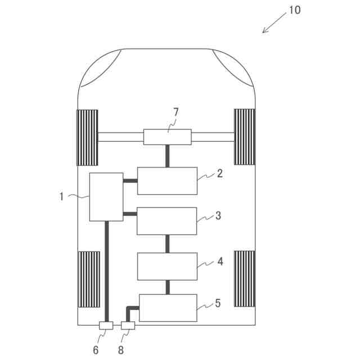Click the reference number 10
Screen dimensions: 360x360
coord(294,11)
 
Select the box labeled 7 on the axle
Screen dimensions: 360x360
coord(167,137)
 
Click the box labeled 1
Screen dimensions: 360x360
coord(106,197)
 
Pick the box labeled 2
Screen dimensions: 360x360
coord(167,181)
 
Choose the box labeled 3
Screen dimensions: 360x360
coord(167,221)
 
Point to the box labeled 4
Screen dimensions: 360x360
coord(167,266)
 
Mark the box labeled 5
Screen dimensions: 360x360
coord(168,308)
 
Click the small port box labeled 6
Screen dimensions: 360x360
coord(106,326)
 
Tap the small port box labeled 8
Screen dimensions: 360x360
coord(128,326)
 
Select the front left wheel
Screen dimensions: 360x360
coord(87,137)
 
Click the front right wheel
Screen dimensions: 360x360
coord(245,137)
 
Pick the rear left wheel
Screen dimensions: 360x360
coord(88,280)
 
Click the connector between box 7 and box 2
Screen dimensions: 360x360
coord(167,156)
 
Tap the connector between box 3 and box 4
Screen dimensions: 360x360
coord(167,244)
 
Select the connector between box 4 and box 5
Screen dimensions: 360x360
coord(167,287)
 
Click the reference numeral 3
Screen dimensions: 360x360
coord(219,215)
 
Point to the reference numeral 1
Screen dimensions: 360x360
coord(61,196)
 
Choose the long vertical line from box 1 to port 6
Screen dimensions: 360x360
coord(106,270)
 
